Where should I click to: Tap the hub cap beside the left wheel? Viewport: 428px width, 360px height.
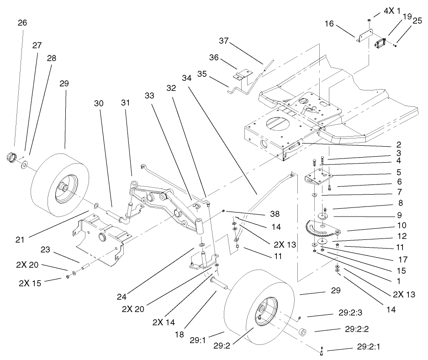pos(11,157)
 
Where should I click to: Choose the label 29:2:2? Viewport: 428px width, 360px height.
pos(357,329)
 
